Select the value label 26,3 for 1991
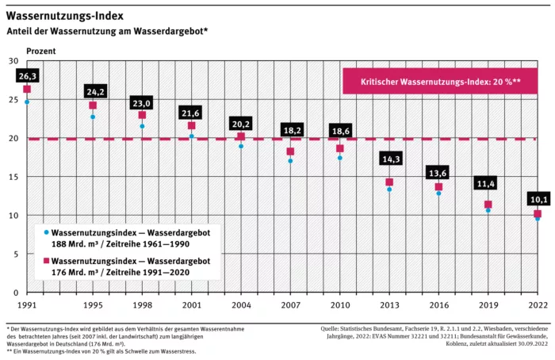[x=27, y=76]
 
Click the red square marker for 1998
[x=142, y=115]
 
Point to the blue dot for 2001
[x=191, y=136]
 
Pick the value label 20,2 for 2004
[x=241, y=124]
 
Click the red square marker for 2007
[x=290, y=151]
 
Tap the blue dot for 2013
[x=389, y=190]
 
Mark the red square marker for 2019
[x=488, y=205]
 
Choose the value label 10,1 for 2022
[x=537, y=199]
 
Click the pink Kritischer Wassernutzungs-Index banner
[x=440, y=82]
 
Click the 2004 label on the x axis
[x=241, y=305]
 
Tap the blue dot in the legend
[x=47, y=232]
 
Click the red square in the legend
[x=47, y=260]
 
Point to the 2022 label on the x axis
[x=537, y=305]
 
